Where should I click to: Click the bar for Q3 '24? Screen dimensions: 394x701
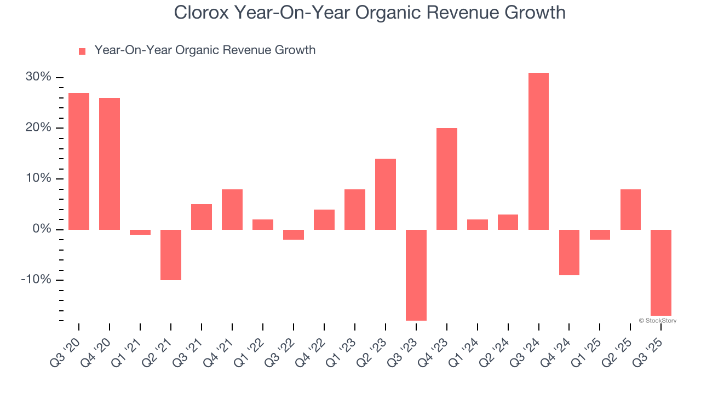[x=538, y=151]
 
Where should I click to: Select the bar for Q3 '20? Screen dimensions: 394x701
[x=79, y=161]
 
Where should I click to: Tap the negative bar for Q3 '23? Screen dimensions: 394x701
[x=416, y=275]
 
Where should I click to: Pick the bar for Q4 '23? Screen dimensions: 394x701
[x=446, y=179]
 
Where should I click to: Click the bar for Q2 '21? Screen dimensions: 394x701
[x=171, y=254]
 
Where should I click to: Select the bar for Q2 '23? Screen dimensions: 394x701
[x=385, y=194]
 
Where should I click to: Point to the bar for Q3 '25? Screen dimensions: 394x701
[x=661, y=273]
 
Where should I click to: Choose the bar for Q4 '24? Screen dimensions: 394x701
[x=569, y=252]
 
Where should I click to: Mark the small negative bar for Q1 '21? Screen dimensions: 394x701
[x=140, y=232]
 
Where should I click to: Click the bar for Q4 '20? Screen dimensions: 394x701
[x=110, y=164]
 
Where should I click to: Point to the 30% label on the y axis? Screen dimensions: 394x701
[x=38, y=77]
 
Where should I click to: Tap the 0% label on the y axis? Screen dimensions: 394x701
[x=41, y=229]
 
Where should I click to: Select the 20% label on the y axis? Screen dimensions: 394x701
[x=38, y=128]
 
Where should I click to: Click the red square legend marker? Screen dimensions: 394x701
[x=82, y=51]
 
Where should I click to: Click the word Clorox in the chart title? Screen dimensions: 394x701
[x=201, y=12]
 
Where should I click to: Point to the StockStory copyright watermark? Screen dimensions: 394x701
[x=657, y=321]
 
